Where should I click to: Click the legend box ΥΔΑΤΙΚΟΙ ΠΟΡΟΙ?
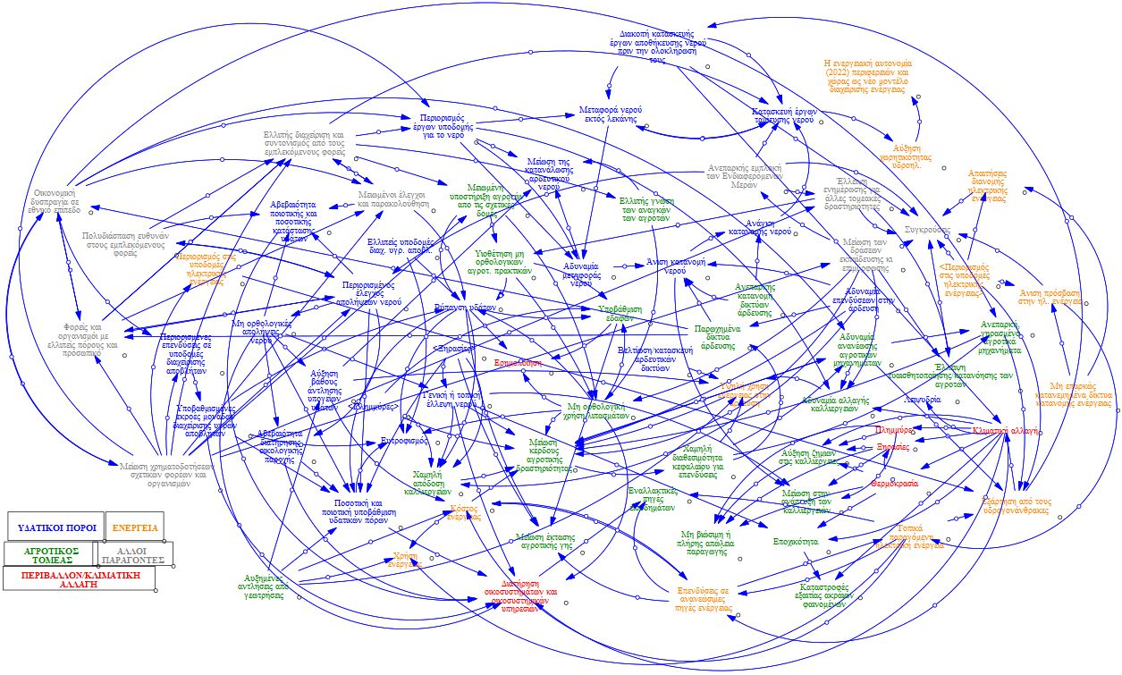coord(55,527)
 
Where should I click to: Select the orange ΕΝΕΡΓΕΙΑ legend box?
coord(135,527)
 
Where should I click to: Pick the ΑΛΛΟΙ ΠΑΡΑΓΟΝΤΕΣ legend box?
coord(132,554)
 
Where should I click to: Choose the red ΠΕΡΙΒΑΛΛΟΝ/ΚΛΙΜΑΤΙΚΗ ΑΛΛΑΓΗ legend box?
coord(80,578)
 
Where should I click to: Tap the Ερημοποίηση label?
coord(519,363)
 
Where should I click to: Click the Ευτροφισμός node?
coord(406,441)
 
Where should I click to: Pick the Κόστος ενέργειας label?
coord(465,512)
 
